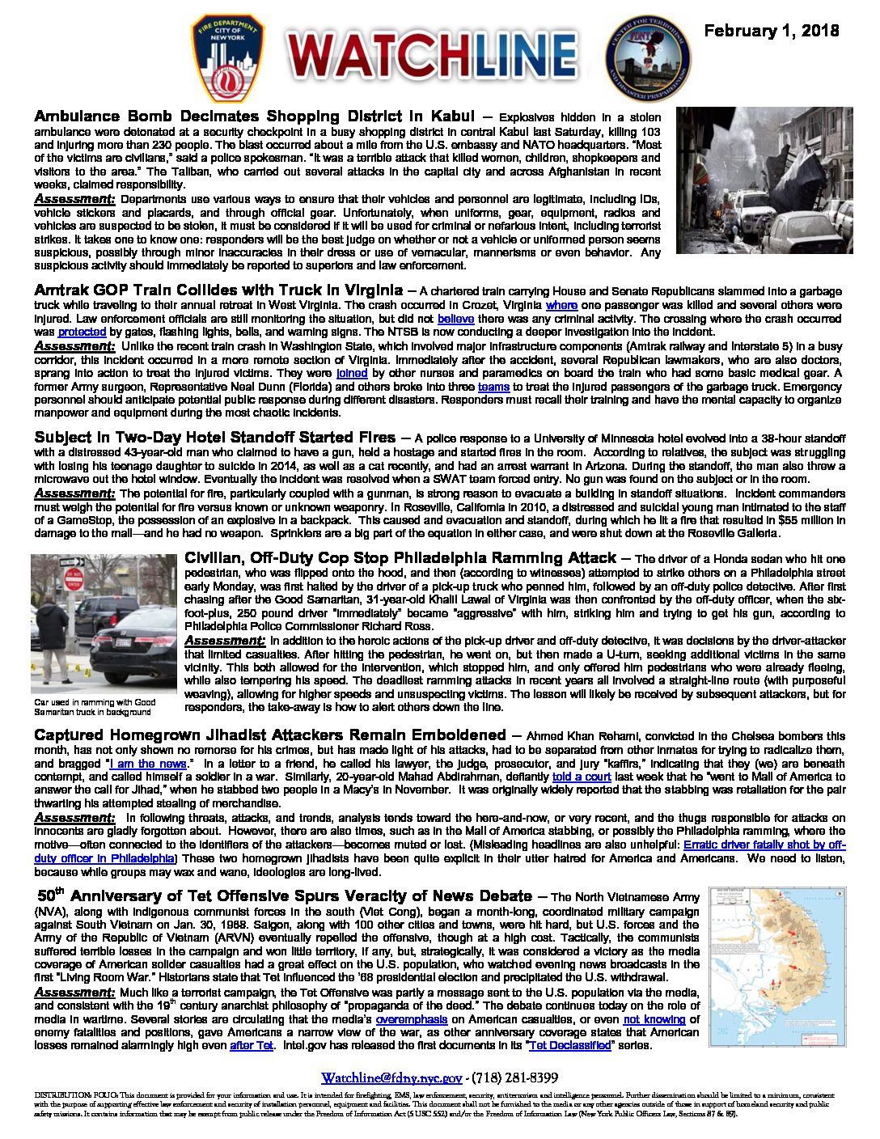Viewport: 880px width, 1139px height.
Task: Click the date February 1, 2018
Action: point(771,32)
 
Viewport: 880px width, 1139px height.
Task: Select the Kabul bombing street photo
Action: point(764,180)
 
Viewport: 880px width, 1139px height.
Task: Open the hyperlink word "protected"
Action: point(82,332)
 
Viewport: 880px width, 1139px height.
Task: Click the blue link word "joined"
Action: point(352,373)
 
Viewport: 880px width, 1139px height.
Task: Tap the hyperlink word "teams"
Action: point(493,387)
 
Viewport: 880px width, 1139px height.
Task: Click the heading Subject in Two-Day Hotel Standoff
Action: point(214,438)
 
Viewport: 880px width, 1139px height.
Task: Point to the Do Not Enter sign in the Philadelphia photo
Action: point(74,580)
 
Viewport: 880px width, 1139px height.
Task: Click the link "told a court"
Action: point(582,777)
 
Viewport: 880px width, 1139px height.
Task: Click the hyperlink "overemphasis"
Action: point(411,1019)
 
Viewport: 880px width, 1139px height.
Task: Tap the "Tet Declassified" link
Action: point(569,1045)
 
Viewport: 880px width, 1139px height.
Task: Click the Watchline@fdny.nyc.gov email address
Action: point(391,1078)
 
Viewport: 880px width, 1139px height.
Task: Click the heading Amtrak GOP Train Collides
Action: point(218,290)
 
